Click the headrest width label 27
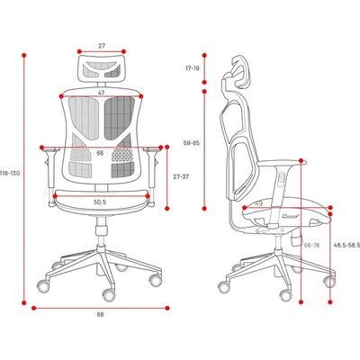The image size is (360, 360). point(102,46)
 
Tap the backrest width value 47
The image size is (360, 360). point(102,93)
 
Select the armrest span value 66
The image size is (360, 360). point(100,153)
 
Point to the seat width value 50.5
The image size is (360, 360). point(100,202)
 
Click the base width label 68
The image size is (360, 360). point(100,315)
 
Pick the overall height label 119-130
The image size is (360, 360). point(10,174)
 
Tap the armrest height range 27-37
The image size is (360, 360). point(181,176)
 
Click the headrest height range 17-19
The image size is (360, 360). point(192,68)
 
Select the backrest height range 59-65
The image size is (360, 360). point(192,143)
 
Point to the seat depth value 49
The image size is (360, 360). point(258,203)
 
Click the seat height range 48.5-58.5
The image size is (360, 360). point(346,246)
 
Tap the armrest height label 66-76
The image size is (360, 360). point(312,246)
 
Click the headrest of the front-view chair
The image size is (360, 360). point(102,67)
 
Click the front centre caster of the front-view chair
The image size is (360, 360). point(109,295)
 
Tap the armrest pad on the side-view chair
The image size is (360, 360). point(282,163)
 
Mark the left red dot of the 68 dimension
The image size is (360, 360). point(34,308)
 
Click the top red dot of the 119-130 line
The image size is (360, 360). point(24,56)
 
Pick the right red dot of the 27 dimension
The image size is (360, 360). point(124,51)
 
